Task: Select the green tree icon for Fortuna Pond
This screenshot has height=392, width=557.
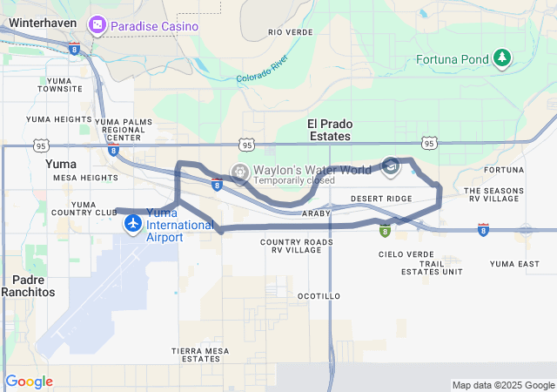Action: [x=502, y=58]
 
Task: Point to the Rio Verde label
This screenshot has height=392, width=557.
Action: [x=291, y=32]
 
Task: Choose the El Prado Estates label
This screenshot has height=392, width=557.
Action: [x=330, y=130]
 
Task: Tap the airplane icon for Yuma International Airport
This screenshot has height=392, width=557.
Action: [x=133, y=225]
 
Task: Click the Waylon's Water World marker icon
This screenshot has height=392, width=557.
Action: [x=239, y=171]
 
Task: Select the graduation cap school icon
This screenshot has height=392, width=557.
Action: [x=391, y=167]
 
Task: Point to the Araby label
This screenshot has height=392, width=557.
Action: [x=316, y=213]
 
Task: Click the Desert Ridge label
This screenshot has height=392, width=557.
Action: [x=381, y=199]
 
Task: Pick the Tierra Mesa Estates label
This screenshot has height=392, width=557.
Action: [x=200, y=355]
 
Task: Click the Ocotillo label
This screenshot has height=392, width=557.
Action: [x=319, y=296]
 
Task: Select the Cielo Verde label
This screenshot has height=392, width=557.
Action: [x=400, y=254]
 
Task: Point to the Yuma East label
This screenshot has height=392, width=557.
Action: [x=514, y=263]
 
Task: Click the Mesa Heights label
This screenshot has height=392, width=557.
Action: [x=85, y=178]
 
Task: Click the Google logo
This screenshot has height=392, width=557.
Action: [x=29, y=382]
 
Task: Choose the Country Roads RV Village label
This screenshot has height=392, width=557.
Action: [x=297, y=246]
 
